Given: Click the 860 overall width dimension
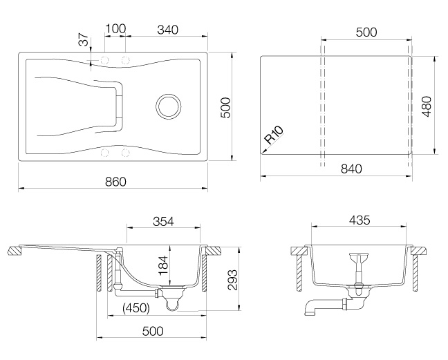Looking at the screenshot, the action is (x=115, y=182).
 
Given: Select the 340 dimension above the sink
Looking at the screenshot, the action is (x=168, y=30).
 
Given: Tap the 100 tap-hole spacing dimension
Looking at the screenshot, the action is (x=115, y=29).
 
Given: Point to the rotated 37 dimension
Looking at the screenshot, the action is (x=84, y=39).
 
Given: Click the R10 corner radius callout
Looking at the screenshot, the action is (x=274, y=135).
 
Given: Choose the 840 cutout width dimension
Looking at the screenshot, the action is (x=351, y=169).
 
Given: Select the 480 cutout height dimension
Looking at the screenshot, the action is (x=427, y=106).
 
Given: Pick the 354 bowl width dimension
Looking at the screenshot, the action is (x=163, y=221).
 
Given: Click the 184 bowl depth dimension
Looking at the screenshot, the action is (x=163, y=265).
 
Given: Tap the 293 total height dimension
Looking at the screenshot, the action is (x=233, y=280).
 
